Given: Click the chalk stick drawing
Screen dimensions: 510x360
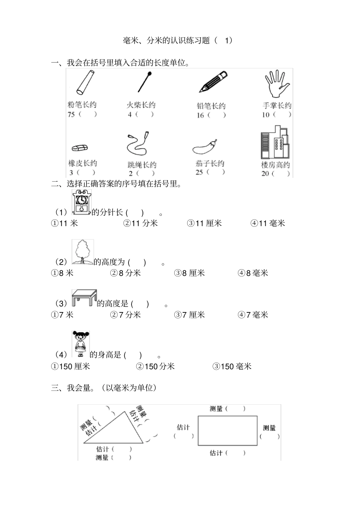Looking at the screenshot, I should coord(85,82).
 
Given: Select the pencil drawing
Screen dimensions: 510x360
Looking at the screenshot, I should coord(214,82).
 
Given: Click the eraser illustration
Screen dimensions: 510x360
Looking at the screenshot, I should coord(80,148).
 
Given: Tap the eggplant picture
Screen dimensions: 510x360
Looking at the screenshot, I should coord(205,147).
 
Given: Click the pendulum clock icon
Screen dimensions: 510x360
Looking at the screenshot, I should coord(81,203).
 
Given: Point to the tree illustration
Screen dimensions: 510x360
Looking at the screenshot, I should coord(82,252).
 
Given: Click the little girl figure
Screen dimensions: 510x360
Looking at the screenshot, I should coord(80,344).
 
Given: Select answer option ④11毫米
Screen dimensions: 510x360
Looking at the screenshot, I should coord(268,224).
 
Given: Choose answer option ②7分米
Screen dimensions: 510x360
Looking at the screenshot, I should coord(125,315).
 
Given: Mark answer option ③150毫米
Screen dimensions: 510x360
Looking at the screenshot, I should coord(232,366).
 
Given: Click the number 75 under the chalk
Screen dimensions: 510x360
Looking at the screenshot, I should coord(71,114).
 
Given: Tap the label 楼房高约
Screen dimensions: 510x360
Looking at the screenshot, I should coord(275,165).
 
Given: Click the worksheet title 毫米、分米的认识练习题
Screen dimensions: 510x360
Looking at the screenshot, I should coord(167,41).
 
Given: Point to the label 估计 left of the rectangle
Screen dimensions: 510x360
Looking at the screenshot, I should coord(183,427).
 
